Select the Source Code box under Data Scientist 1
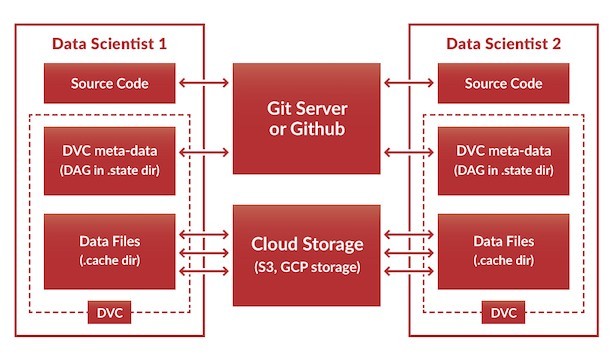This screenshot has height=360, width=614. [x=110, y=84]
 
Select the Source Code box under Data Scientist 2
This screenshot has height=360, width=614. [x=503, y=84]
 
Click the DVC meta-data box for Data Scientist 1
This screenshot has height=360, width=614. [x=110, y=160]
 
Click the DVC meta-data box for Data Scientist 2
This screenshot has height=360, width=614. [x=503, y=160]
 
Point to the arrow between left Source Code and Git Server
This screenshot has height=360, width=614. [x=204, y=84]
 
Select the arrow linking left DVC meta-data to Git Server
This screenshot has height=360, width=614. [x=204, y=152]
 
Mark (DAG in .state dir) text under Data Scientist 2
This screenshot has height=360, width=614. [x=503, y=169]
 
